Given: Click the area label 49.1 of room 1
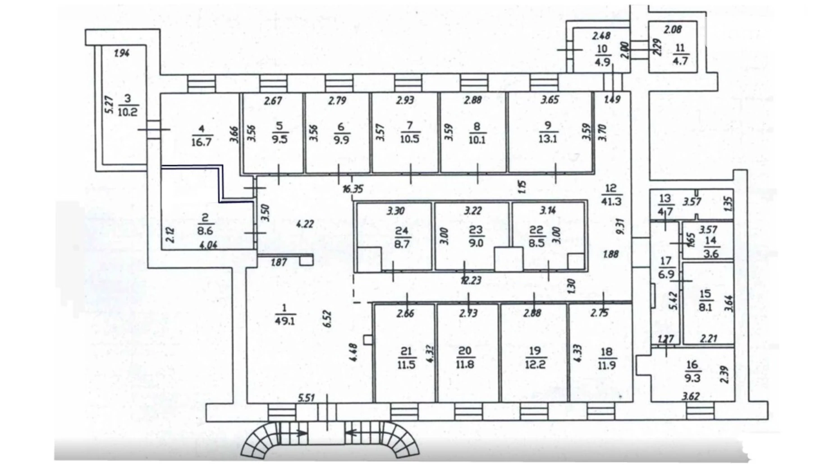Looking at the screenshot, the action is (284, 320).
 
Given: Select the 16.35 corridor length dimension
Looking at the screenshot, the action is (353, 189).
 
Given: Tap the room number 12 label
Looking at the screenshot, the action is (611, 189).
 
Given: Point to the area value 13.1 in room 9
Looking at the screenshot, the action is (548, 138).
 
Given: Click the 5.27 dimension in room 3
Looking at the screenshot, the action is (109, 104).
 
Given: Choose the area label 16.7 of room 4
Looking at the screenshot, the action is (202, 142).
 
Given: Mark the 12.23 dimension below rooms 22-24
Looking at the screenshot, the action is (471, 280).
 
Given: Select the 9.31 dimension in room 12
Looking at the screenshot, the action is (620, 226).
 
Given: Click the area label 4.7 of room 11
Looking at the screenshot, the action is (680, 60).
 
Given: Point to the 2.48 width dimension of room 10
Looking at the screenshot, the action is (601, 35).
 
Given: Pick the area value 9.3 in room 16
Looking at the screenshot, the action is (692, 377).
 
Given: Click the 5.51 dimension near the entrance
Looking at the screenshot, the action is (306, 398).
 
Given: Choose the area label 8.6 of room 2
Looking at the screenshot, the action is (205, 230).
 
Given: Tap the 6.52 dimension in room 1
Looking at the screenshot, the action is (327, 318).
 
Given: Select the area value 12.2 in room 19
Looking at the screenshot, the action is (535, 363).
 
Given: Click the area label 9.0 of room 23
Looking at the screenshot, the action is (476, 243).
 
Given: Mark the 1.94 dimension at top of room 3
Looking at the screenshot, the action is (122, 53).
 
